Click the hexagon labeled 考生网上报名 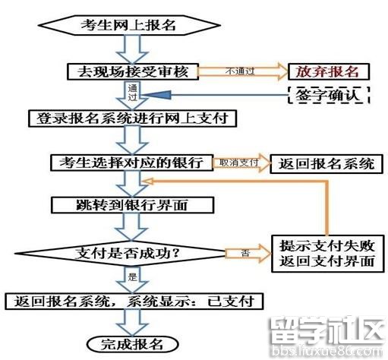tap(129, 25)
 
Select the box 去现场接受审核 tap(133, 71)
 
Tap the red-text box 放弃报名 tap(329, 71)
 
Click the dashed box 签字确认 tap(329, 95)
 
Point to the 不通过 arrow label tap(240, 71)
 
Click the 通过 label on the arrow tap(132, 93)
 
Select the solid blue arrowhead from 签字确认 tap(156, 95)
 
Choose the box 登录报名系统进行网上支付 tap(132, 118)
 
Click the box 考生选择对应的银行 tap(131, 163)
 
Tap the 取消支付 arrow tap(241, 163)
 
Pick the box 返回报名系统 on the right tap(326, 163)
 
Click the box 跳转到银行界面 tap(132, 205)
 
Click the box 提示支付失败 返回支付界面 tap(327, 254)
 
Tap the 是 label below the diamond tap(132, 276)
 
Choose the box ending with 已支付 tap(134, 302)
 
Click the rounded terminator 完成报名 tap(133, 344)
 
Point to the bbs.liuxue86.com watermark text tap(327, 352)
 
